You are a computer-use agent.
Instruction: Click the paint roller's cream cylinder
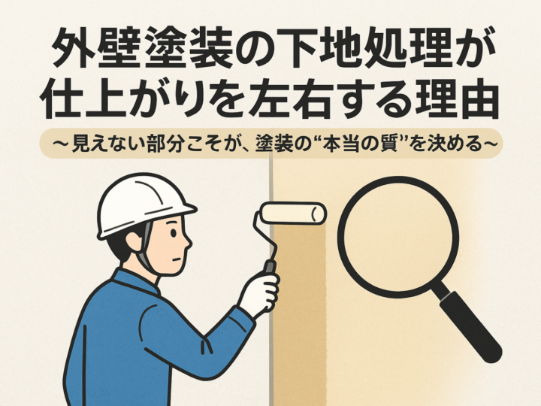point(293,213)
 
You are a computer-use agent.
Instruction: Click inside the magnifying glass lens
point(398,237)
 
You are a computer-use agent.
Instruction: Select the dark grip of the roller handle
point(269,266)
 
